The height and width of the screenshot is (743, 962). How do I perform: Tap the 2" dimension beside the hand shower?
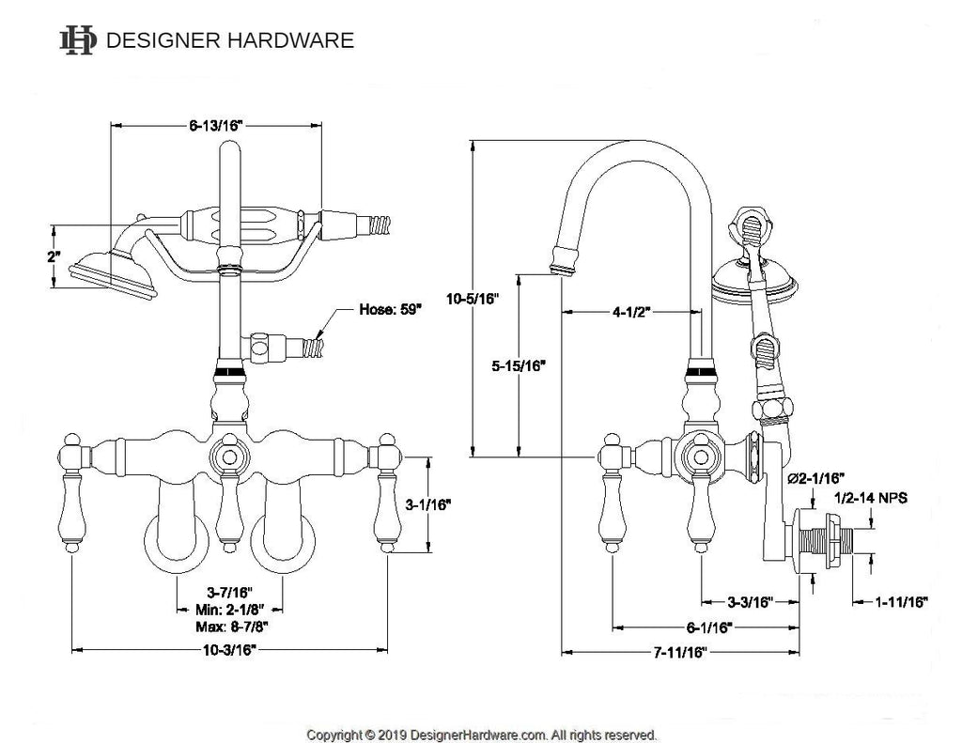click(x=54, y=256)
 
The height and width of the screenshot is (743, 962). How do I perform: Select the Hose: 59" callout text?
click(x=390, y=310)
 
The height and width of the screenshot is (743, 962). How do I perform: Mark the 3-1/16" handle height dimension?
click(x=427, y=505)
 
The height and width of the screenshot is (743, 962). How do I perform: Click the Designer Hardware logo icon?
click(x=78, y=39)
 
